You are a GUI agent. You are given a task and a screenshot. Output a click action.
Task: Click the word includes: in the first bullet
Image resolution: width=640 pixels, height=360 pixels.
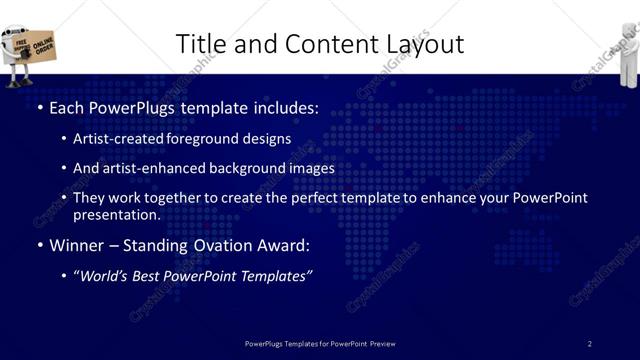click(284, 106)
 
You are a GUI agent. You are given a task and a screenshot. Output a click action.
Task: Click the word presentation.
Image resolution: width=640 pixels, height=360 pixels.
click(116, 214)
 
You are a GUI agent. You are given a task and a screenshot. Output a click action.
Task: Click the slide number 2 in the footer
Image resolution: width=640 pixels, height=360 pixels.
click(589, 344)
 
